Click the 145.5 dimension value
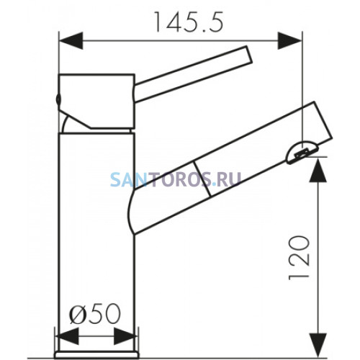tap(189, 22)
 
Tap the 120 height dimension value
tap(299, 258)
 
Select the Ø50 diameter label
tap(95, 313)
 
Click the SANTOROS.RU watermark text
tap(176, 180)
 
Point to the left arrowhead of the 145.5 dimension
tap(71, 41)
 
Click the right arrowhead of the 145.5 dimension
tap(289, 41)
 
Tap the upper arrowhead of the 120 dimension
tap(318, 170)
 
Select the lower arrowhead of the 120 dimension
tap(318, 345)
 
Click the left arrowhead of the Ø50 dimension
tap(67, 336)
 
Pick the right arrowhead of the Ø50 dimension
tap(125, 336)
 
